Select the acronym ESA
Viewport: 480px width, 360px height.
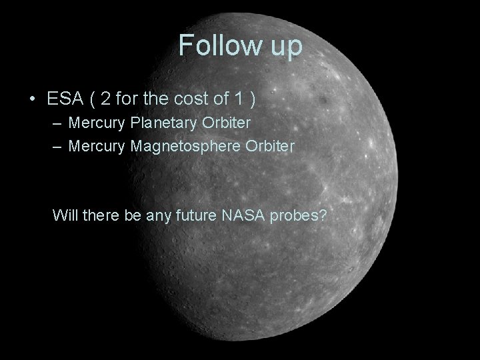pos(66,99)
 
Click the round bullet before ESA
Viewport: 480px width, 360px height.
pos(33,100)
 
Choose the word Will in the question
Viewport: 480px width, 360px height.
pos(65,215)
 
